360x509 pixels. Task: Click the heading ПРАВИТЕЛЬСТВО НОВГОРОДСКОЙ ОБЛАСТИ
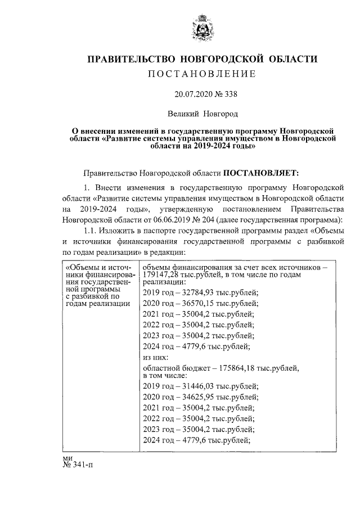[202, 59]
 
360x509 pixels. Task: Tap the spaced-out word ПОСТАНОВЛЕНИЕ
[202, 74]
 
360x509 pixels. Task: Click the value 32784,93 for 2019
[193, 291]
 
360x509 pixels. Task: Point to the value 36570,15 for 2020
[193, 303]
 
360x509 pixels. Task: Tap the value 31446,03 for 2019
[193, 386]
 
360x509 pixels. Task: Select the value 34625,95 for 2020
[193, 397]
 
